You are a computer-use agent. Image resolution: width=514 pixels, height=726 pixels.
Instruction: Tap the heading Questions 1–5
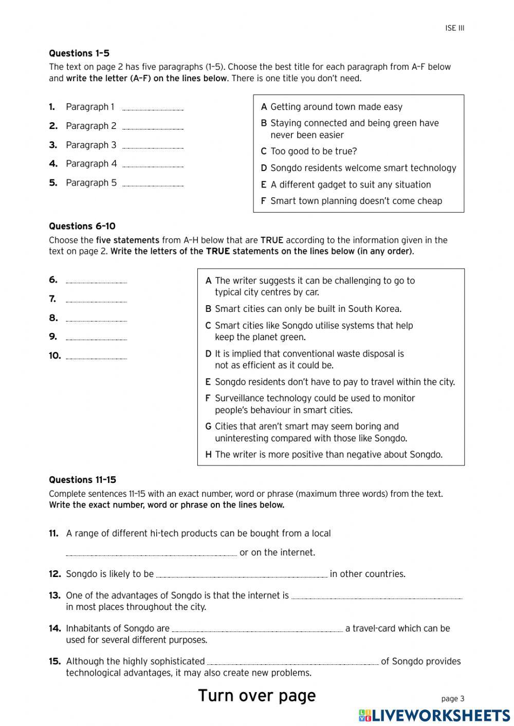pyautogui.click(x=79, y=53)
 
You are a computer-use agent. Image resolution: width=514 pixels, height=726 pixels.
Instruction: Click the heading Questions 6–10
pyautogui.click(x=82, y=226)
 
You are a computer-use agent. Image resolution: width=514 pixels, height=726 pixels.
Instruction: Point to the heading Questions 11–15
pyautogui.click(x=83, y=480)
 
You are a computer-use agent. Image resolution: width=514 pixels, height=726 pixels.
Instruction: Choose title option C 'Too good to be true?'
pyautogui.click(x=313, y=152)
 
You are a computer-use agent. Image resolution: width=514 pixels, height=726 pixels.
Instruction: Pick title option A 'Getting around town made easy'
pyautogui.click(x=336, y=107)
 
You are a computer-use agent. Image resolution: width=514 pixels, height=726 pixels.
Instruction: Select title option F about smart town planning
pyautogui.click(x=356, y=201)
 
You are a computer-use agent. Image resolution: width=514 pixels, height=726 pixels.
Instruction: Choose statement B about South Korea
pyautogui.click(x=307, y=309)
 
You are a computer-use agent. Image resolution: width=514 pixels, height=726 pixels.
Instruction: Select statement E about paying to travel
pyautogui.click(x=334, y=382)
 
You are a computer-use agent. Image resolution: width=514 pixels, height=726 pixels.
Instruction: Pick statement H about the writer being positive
pyautogui.click(x=328, y=454)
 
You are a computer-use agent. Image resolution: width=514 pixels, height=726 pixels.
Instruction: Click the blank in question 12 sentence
pyautogui.click(x=242, y=575)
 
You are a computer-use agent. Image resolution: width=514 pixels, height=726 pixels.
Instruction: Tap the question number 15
pyautogui.click(x=55, y=661)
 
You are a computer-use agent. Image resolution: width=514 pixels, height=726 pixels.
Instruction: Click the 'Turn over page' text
pyautogui.click(x=257, y=696)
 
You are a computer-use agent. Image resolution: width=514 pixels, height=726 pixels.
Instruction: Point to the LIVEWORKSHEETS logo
pyautogui.click(x=434, y=715)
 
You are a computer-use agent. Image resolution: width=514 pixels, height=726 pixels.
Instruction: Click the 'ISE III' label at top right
pyautogui.click(x=454, y=28)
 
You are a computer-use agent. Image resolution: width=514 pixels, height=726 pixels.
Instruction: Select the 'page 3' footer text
pyautogui.click(x=453, y=698)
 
